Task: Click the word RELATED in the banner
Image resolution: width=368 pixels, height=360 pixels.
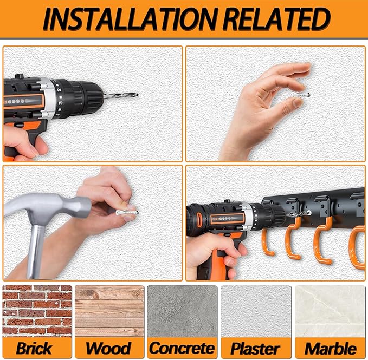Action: click(x=277, y=19)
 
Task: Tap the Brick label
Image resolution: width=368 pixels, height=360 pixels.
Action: click(x=34, y=348)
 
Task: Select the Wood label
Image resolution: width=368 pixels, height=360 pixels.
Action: click(x=108, y=348)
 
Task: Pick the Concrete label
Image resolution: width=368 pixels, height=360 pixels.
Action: click(x=182, y=348)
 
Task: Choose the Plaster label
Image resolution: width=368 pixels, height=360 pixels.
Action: click(x=255, y=349)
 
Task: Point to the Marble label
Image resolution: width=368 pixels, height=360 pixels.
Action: click(x=331, y=349)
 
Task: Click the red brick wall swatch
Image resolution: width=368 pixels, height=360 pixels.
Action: click(x=37, y=311)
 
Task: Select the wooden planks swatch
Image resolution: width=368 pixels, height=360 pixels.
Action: click(x=109, y=311)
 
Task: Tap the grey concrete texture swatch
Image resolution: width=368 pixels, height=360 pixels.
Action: click(x=182, y=311)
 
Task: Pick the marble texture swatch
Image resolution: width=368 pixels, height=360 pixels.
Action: click(x=330, y=311)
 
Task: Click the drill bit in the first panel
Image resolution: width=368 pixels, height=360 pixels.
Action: click(x=121, y=95)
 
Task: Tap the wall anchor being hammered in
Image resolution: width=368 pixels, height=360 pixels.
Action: click(x=127, y=213)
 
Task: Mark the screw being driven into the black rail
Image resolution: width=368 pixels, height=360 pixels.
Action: click(x=309, y=212)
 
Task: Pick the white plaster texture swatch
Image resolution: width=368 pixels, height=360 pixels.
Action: click(x=256, y=311)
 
